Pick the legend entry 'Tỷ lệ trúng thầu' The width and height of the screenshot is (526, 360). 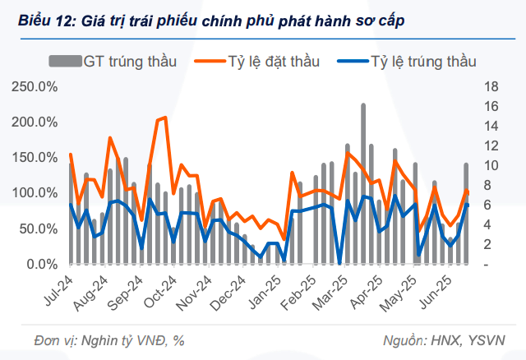point(423,61)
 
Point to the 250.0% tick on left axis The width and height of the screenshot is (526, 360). point(34,87)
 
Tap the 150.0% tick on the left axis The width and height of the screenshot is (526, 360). point(34,158)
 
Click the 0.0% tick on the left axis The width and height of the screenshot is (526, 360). point(39,265)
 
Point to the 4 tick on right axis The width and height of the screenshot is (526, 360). point(489,225)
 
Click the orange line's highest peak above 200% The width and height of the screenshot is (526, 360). point(164,118)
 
